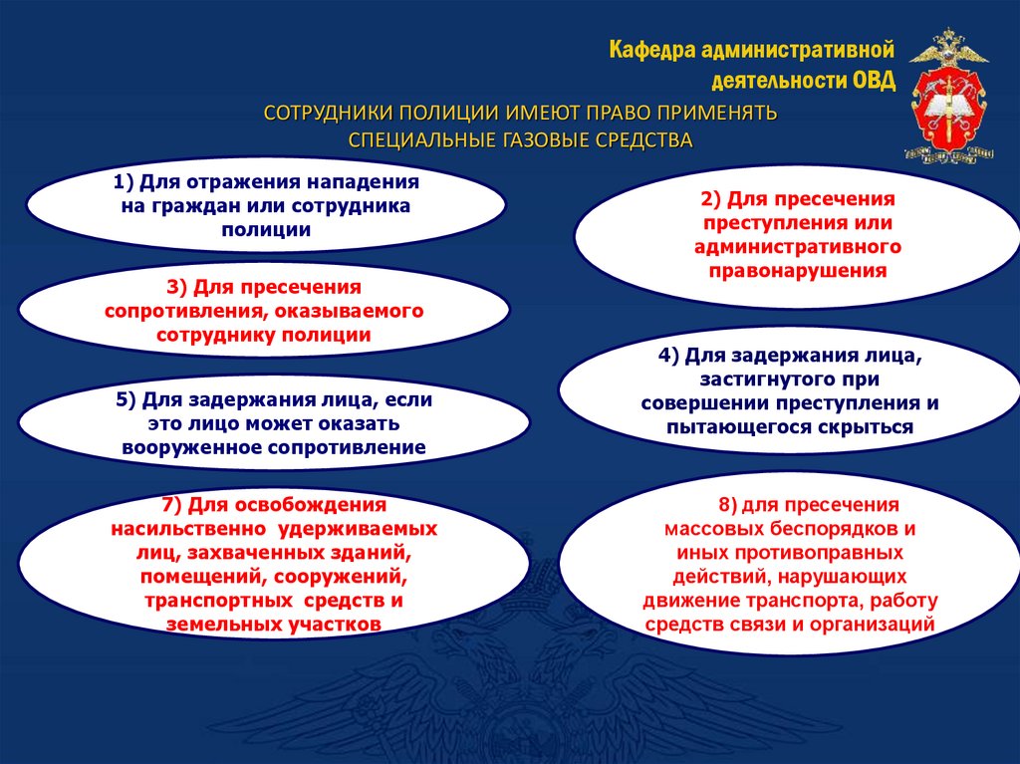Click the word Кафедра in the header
(653, 50)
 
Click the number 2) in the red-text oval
(709, 199)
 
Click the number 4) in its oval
(667, 356)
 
